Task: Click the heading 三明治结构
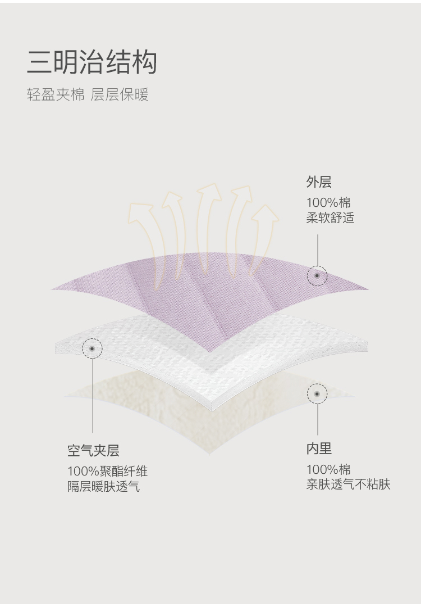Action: click(x=91, y=63)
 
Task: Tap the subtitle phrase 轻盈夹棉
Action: click(x=55, y=94)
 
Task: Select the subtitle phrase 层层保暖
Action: click(x=120, y=94)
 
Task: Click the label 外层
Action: click(x=319, y=182)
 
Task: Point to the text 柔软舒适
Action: click(x=330, y=218)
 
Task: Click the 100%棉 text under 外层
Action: click(x=328, y=203)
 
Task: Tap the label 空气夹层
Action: click(x=93, y=450)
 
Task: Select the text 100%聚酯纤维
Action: click(x=107, y=472)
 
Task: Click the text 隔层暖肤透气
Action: click(x=103, y=486)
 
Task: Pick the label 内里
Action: click(x=319, y=449)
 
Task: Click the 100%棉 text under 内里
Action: click(x=328, y=469)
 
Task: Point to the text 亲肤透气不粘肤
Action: click(x=348, y=484)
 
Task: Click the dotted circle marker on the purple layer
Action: click(x=317, y=275)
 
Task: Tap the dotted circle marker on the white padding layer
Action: click(x=92, y=348)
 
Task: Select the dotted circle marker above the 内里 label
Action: click(x=317, y=394)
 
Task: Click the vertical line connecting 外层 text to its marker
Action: click(x=317, y=250)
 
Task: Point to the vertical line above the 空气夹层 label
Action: click(x=93, y=399)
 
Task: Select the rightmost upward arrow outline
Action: click(x=264, y=236)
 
